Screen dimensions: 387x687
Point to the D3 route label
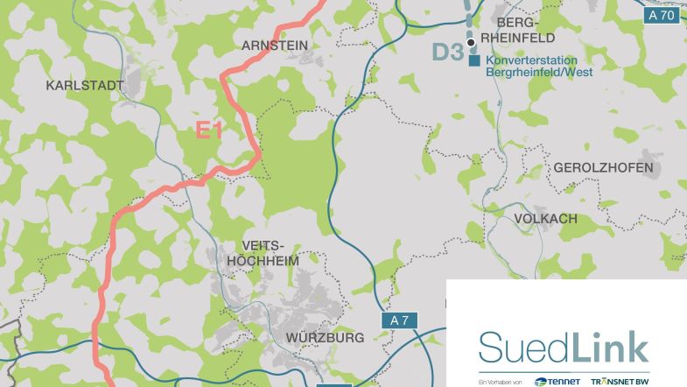[x=447, y=52]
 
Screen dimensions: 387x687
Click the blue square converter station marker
[x=473, y=61]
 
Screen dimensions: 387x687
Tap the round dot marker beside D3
[x=470, y=41]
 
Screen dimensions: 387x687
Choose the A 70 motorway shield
[x=662, y=16]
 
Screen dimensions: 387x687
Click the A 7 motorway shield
[x=399, y=320]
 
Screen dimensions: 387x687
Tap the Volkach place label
[x=545, y=218]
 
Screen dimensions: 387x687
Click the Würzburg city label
[x=325, y=338]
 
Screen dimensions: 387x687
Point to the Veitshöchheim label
[x=263, y=254]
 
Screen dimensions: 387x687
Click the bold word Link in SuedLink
[x=610, y=348]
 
